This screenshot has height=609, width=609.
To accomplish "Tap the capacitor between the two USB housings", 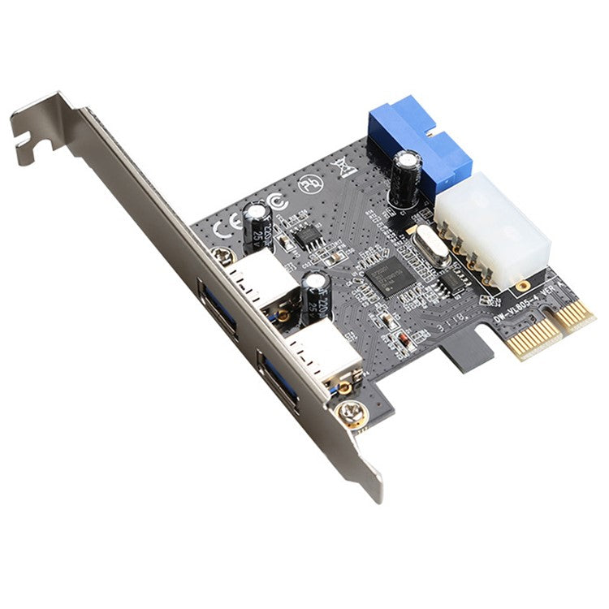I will (316, 297).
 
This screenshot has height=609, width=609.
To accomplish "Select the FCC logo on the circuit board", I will (274, 201).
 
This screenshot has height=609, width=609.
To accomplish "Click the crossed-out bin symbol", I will (341, 166).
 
